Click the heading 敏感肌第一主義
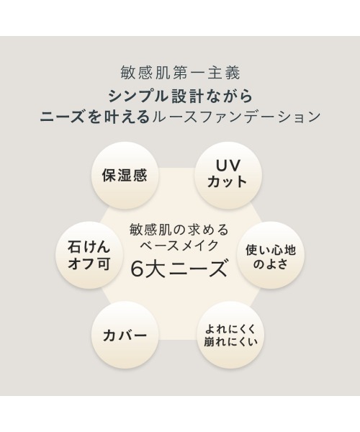click(180, 73)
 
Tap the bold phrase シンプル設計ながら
click(180, 96)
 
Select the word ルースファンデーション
click(235, 117)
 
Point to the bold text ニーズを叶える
click(95, 117)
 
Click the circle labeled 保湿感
click(125, 175)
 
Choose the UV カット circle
click(228, 175)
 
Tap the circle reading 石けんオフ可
click(89, 255)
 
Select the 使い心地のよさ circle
click(271, 255)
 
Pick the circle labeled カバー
click(125, 335)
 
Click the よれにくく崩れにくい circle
click(231, 335)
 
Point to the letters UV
click(228, 166)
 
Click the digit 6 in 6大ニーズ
click(138, 269)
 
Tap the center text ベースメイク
click(179, 246)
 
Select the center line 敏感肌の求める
click(179, 229)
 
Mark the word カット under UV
click(228, 182)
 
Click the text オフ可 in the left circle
click(89, 264)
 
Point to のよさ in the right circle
click(271, 264)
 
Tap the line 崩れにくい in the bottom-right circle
click(231, 341)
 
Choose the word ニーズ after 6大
click(198, 269)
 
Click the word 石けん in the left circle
click(89, 246)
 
